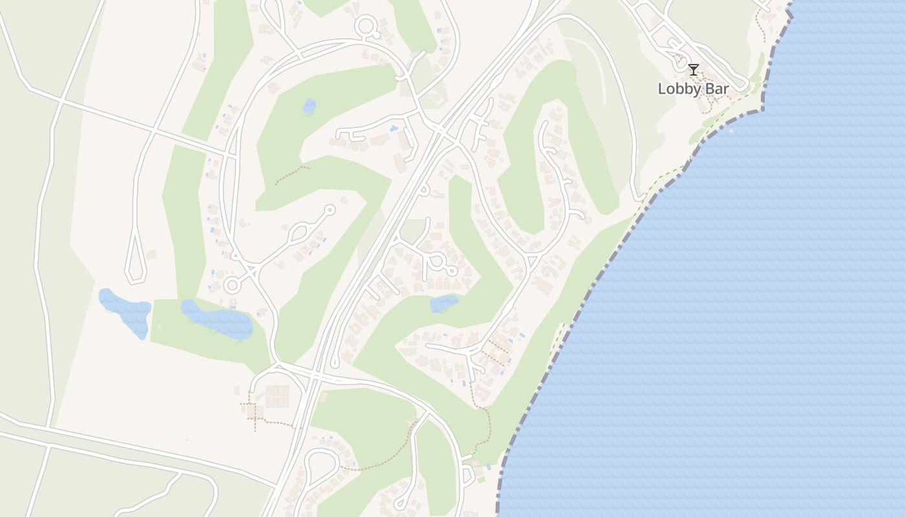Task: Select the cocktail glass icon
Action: (x=694, y=69)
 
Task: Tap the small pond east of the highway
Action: (x=444, y=302)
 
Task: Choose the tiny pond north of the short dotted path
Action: (x=310, y=105)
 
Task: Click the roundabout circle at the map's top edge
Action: (x=367, y=27)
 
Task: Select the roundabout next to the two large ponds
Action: (x=232, y=284)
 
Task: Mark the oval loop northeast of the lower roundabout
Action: (x=301, y=231)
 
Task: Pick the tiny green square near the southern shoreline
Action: (x=480, y=480)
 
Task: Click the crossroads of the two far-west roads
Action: (x=59, y=101)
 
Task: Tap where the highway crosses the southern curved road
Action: (x=315, y=374)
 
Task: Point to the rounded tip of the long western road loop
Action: (x=134, y=279)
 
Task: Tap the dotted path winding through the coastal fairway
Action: (x=486, y=420)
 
